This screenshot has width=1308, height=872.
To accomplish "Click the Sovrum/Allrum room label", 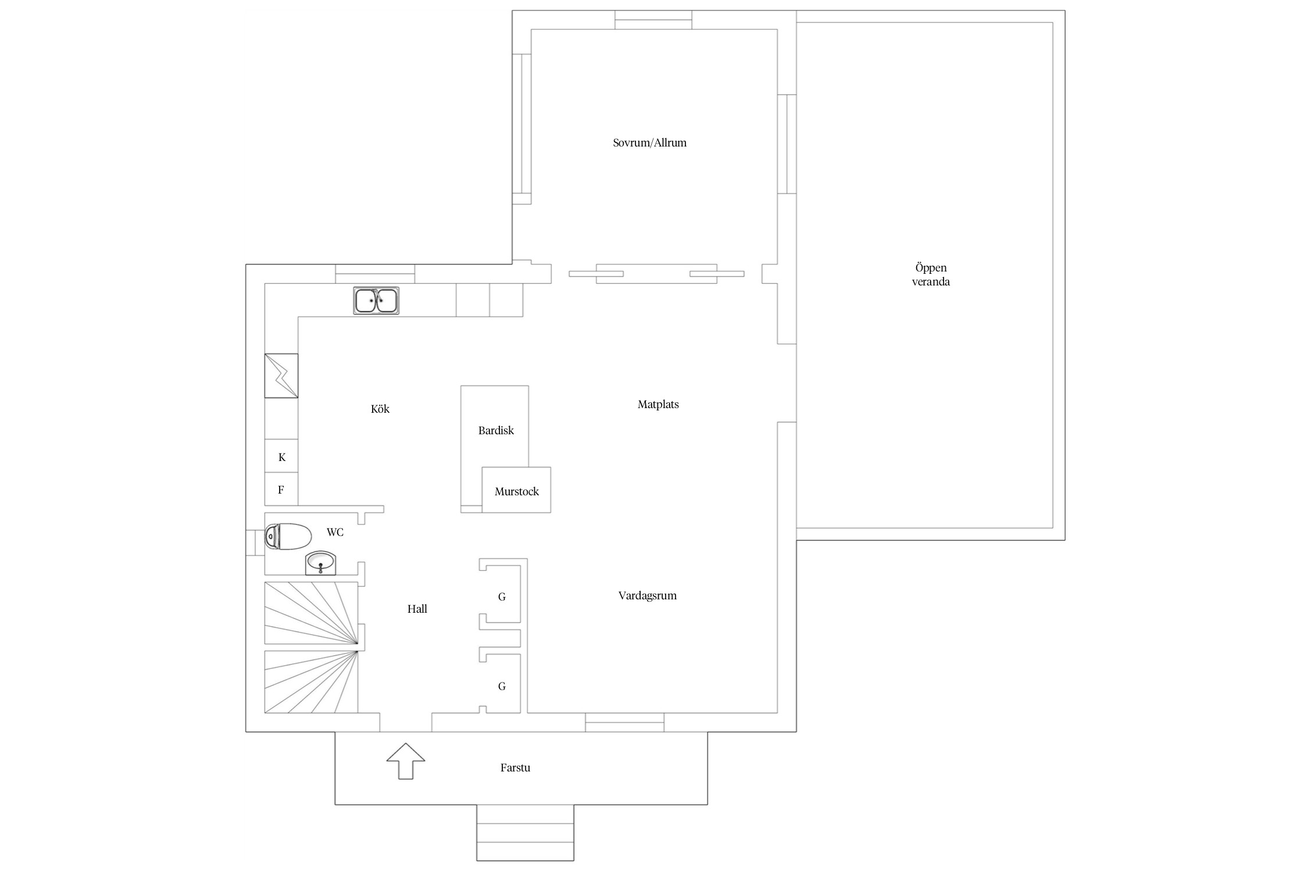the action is [x=649, y=143].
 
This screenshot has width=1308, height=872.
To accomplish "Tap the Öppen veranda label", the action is [x=931, y=274].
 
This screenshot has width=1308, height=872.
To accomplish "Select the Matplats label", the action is [x=658, y=405].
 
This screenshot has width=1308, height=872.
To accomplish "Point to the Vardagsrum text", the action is [x=648, y=596].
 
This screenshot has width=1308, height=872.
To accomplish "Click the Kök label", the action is [x=380, y=409].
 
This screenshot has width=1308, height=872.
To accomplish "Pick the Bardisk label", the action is [x=496, y=431].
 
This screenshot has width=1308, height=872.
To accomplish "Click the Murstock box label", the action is [x=517, y=492].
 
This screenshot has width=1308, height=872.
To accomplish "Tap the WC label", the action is [x=335, y=533].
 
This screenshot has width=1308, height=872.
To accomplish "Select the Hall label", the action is [x=417, y=609].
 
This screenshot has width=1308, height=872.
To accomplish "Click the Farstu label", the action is [x=515, y=768].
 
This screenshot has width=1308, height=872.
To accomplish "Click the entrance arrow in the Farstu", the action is [x=406, y=761].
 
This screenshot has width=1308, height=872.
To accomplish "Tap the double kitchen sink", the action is [x=376, y=301].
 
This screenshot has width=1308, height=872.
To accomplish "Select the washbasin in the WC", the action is [x=320, y=563].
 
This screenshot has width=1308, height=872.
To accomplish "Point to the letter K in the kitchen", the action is [x=282, y=458].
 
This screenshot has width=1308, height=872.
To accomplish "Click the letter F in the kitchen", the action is [x=281, y=490].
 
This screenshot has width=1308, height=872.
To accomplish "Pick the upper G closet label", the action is [x=502, y=597].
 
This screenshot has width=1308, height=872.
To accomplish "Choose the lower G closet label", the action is [x=502, y=687].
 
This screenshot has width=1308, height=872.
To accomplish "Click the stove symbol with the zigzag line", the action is [x=281, y=376].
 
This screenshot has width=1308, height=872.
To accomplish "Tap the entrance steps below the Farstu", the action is [x=525, y=832].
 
